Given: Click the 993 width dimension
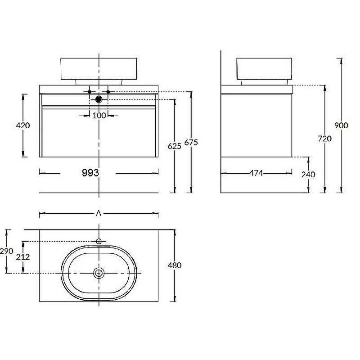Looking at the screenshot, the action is click(90, 173).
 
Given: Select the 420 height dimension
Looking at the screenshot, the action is click(23, 126).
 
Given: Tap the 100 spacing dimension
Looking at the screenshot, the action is click(99, 116).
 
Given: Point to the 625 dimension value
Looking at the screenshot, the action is click(175, 146).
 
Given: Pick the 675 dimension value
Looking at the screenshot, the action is click(191, 143).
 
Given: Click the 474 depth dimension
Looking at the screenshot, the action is click(256, 173).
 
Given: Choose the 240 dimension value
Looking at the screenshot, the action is click(308, 175).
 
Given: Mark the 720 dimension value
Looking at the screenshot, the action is click(324, 139).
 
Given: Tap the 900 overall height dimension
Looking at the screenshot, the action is click(341, 126).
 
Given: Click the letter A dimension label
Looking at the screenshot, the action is click(99, 213).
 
